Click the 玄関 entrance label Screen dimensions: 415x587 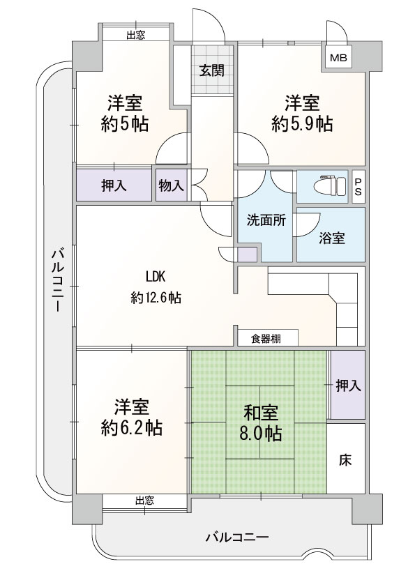tap(211, 70)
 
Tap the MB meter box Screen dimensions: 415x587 tap(338, 57)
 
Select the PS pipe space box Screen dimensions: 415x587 tap(359, 186)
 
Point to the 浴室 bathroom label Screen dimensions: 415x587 tap(332, 238)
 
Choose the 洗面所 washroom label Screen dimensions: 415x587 tap(266, 220)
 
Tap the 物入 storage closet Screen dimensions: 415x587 tap(172, 185)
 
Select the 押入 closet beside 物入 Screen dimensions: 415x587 tap(114, 185)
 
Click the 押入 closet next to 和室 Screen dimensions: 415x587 tap(348, 385)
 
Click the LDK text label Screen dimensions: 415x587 tap(156, 277)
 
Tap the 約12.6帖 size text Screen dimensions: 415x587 tap(156, 298)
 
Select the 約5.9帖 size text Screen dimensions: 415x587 tap(302, 124)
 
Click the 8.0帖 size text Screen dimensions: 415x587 tap(261, 434)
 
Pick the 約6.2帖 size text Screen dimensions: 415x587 tap(131, 427)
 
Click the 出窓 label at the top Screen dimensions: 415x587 tap(135, 36)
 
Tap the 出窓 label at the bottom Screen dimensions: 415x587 tap(144, 501)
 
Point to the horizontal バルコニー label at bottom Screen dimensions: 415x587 tap(237, 538)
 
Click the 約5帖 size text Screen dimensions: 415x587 tap(124, 124)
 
